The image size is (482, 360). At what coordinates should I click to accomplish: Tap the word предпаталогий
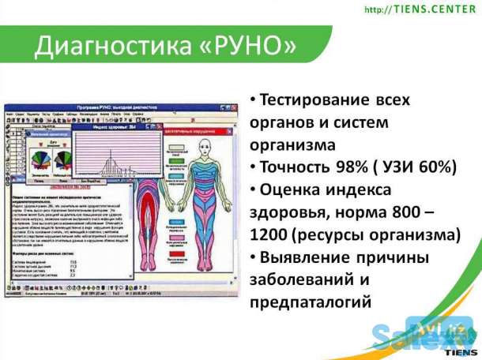tap(313, 302)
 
